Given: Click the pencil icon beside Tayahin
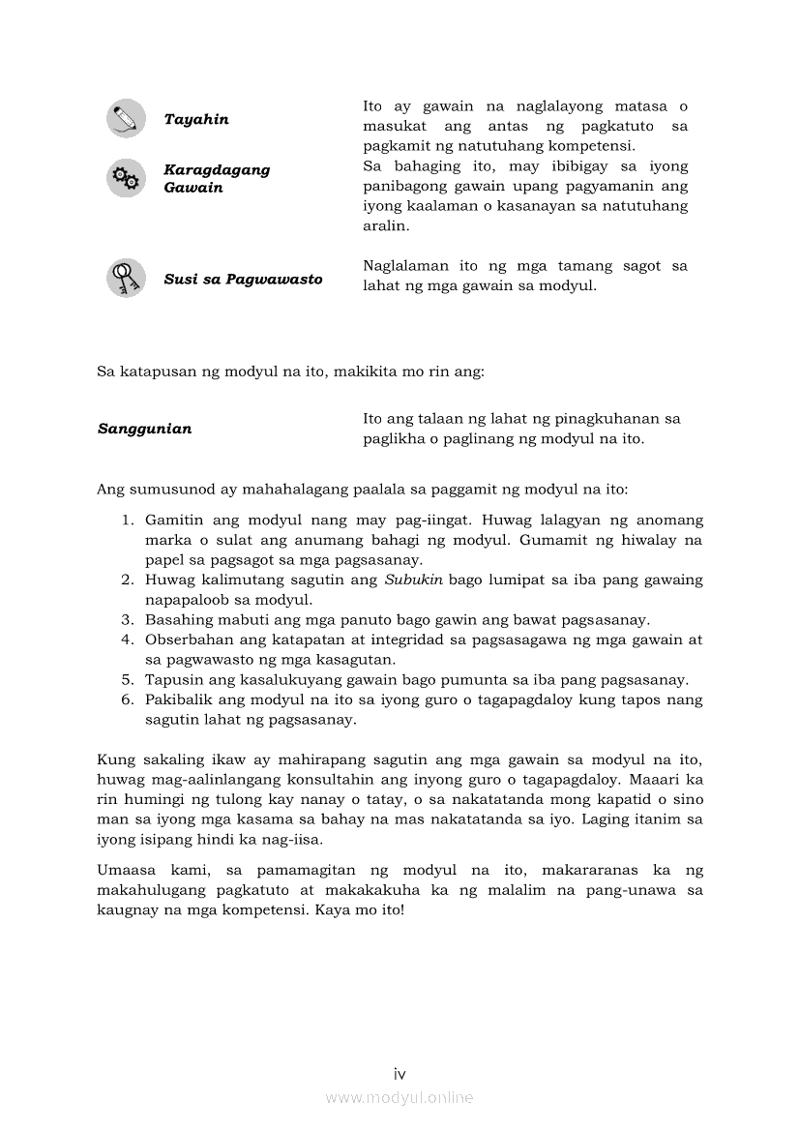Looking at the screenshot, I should pos(126,119).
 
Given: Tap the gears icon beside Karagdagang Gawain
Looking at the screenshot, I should pos(126,178).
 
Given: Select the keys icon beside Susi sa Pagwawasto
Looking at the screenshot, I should pos(126,279).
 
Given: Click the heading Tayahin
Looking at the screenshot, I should pos(196,120).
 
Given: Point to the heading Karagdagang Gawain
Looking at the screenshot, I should pos(217,179).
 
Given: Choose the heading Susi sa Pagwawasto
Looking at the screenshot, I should pos(243,280).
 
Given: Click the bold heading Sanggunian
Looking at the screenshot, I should pos(144,429).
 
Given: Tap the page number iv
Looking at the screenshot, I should pos(399,1074).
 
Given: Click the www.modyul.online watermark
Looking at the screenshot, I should pos(399,1098).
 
